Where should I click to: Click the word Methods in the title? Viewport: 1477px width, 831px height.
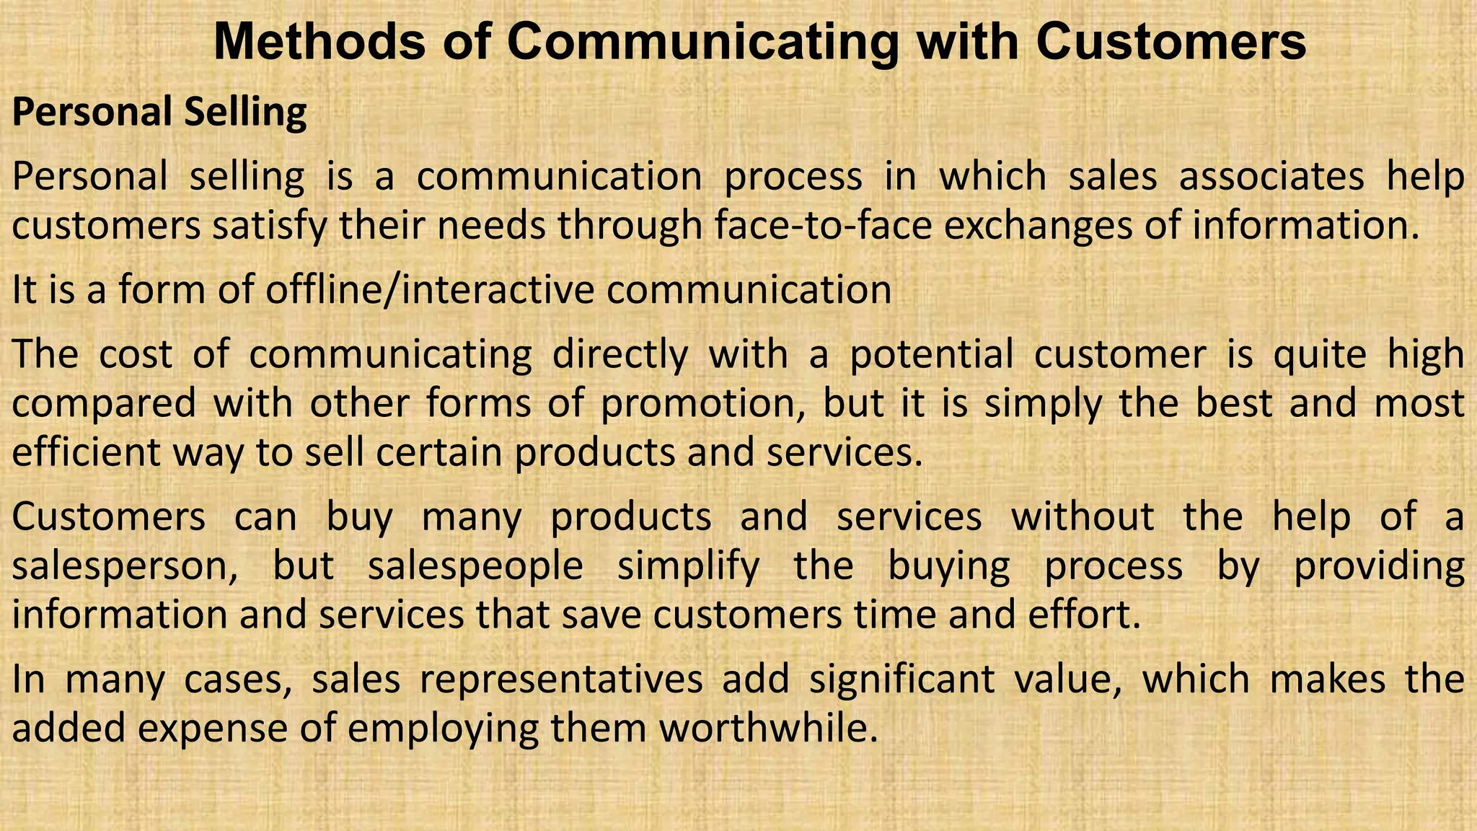tap(319, 42)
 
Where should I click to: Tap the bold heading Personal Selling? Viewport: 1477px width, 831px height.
tap(159, 113)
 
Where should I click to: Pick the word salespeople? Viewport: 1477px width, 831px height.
tap(475, 566)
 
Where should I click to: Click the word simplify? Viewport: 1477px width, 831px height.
tap(688, 566)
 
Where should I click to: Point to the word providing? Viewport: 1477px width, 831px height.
tap(1379, 566)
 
